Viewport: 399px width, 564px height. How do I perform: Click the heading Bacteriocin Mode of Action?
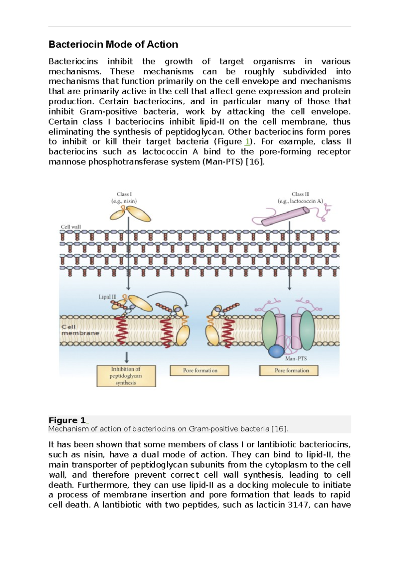113,45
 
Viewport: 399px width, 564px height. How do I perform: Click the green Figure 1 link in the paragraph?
247,142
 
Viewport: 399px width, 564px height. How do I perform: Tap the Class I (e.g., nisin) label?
124,198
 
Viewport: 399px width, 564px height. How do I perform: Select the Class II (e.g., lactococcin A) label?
300,198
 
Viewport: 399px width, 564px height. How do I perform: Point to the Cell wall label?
70,227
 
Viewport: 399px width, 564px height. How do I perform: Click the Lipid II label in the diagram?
107,297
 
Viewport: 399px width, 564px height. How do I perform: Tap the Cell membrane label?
80,330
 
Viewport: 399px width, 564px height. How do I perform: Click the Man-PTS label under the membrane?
296,359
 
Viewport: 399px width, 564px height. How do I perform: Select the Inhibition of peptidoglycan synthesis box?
126,376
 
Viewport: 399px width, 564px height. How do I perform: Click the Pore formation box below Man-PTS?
289,371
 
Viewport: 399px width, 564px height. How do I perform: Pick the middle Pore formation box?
199,371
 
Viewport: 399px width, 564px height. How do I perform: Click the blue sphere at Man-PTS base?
276,351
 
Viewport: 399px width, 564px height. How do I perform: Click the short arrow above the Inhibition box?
127,357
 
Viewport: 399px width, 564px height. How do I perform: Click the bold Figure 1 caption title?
67,420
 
